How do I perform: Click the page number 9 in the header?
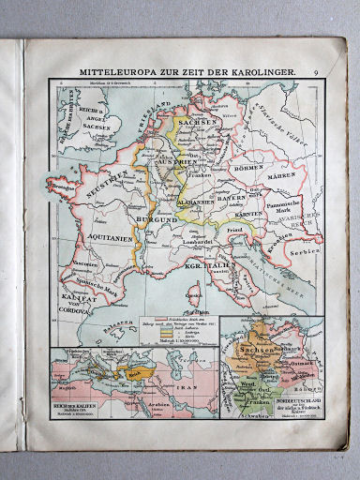point(317,71)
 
